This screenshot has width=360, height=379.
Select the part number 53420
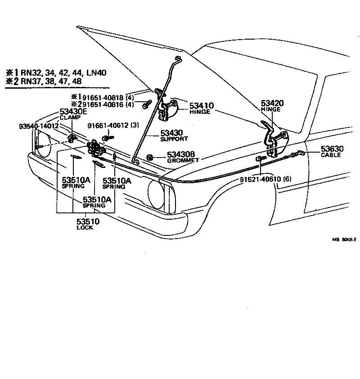[272, 103]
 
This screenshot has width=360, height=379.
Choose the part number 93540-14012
[39, 126]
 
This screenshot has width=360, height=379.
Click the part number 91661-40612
[107, 126]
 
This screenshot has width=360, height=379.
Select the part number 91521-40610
[260, 179]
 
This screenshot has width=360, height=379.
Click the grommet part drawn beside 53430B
[149, 157]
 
